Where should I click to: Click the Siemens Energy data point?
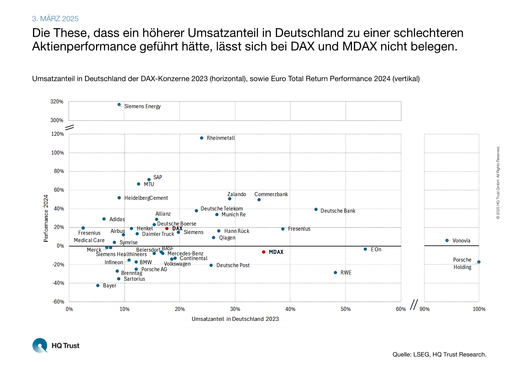[x=119, y=104]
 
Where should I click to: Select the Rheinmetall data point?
[x=202, y=138]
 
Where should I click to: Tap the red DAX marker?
[x=167, y=228]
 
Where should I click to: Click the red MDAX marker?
[x=264, y=252]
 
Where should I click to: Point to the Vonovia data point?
[x=447, y=241]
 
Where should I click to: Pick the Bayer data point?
[x=98, y=286]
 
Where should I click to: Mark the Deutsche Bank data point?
[x=316, y=209]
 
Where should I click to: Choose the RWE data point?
[x=335, y=273]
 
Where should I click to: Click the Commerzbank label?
[x=271, y=194]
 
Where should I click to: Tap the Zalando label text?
[x=236, y=194]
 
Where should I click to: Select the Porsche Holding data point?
[x=479, y=262]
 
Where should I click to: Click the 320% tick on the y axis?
[x=57, y=102]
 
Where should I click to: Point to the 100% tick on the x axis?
[x=479, y=309]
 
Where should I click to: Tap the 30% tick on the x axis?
[x=235, y=309]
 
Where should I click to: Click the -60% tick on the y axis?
[x=58, y=302]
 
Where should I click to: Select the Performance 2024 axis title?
[x=46, y=218]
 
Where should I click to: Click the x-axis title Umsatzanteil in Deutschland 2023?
[x=235, y=319]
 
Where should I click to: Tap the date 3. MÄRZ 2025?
[x=55, y=19]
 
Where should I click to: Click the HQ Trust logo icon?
[x=40, y=345]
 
